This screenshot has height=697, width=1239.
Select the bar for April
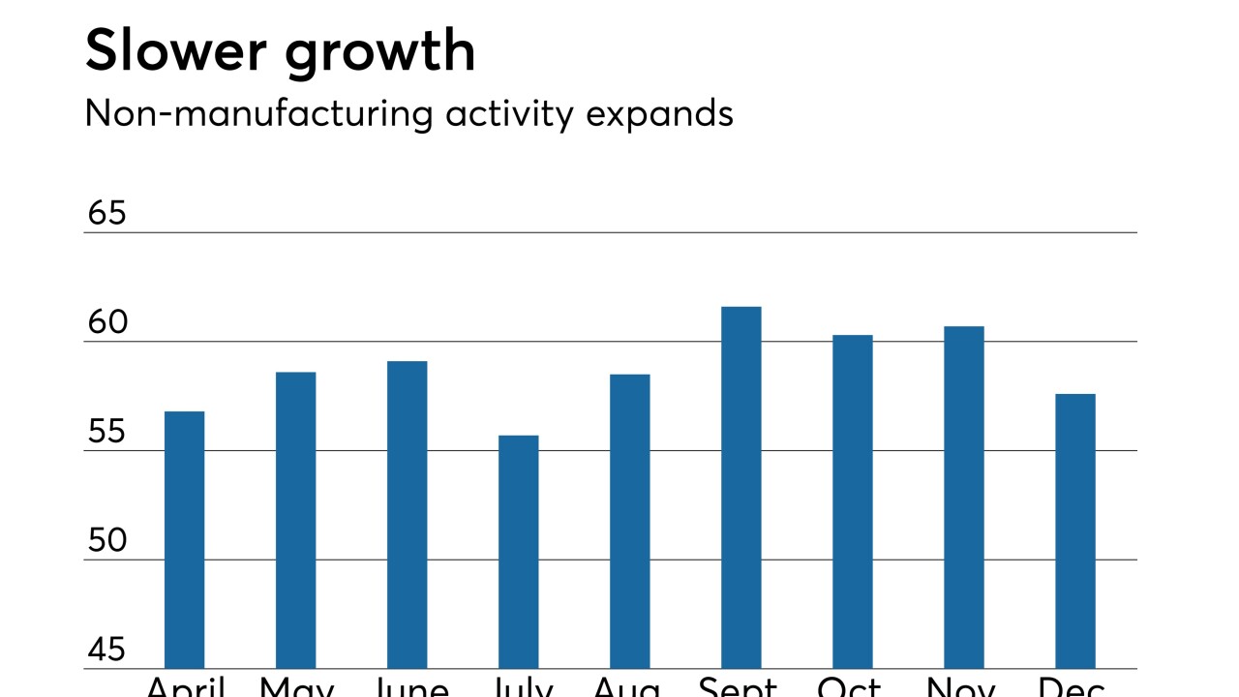click(184, 539)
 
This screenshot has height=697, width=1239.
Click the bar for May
click(295, 520)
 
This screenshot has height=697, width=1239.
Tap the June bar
click(407, 514)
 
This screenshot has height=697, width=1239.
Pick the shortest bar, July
click(518, 552)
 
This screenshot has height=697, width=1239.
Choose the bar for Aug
click(629, 521)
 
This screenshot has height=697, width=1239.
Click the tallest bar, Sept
click(740, 487)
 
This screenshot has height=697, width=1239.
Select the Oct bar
click(852, 501)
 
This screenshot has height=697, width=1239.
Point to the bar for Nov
click(963, 497)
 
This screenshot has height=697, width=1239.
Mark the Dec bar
click(1074, 530)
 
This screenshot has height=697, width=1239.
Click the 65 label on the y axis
click(106, 213)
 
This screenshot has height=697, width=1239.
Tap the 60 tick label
click(106, 322)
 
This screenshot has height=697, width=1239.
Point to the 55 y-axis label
click(106, 432)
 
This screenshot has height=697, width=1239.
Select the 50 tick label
click(106, 541)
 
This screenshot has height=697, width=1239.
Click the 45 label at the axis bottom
click(106, 650)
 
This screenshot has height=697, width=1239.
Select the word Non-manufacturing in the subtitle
click(258, 114)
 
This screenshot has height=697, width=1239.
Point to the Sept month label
click(738, 686)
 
